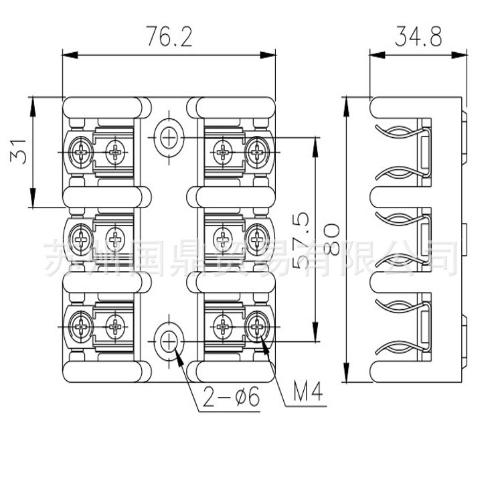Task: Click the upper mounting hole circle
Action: (x=169, y=138)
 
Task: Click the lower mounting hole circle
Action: (x=169, y=341)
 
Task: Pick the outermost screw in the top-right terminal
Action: (x=257, y=149)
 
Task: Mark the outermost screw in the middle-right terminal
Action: (x=257, y=236)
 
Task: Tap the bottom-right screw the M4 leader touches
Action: (x=257, y=327)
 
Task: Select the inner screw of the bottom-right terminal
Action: (x=222, y=327)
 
